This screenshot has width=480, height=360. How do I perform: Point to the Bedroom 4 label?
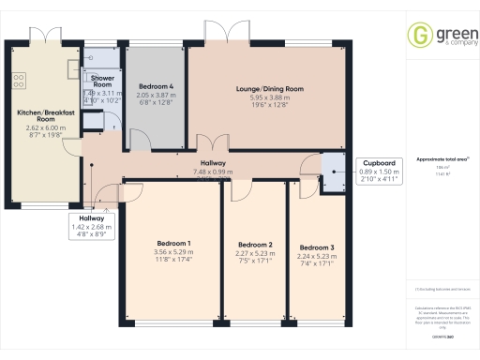[x=156, y=87]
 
